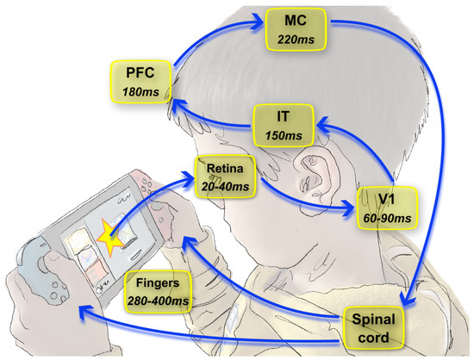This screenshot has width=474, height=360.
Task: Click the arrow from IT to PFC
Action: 211,121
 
